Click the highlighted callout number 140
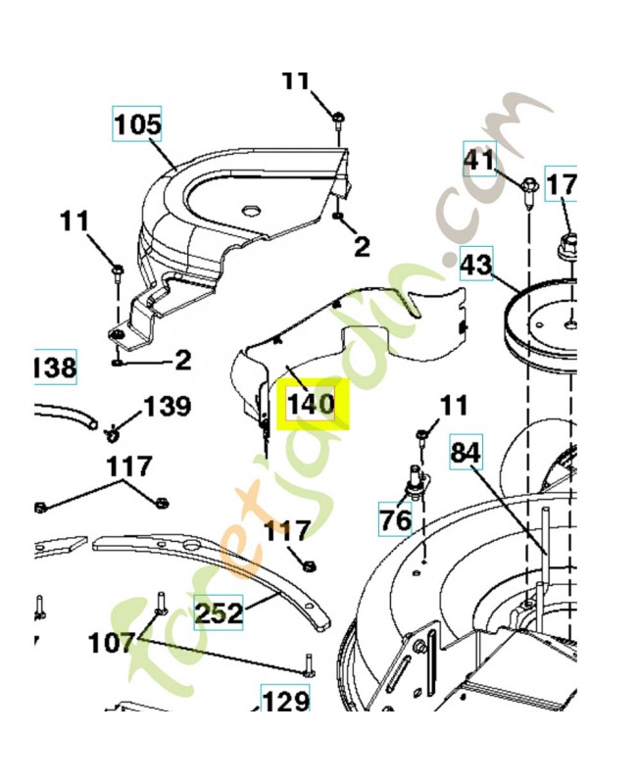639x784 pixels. (311, 403)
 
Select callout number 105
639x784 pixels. (137, 125)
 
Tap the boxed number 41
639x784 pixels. (479, 158)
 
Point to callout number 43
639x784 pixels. (475, 263)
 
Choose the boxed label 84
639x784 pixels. (467, 453)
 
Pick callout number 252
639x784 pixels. (218, 613)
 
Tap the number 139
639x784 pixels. (168, 406)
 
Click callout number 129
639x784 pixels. (285, 702)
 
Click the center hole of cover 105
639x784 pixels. (251, 209)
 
